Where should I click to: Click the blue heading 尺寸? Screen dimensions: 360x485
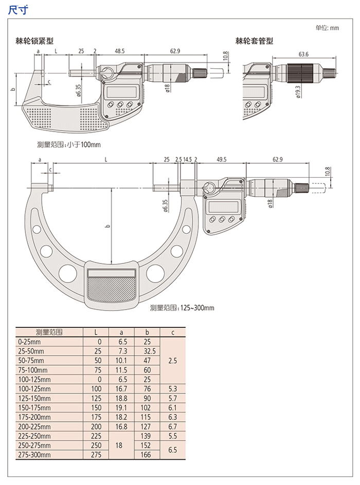[x=17, y=10]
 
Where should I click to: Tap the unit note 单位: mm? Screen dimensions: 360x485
[x=327, y=28]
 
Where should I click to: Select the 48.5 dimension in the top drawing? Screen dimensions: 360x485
[x=119, y=51]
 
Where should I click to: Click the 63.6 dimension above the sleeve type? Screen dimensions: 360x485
[x=303, y=54]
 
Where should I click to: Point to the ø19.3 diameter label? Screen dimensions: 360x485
[x=298, y=92]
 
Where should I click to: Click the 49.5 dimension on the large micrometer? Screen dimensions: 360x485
[x=221, y=159]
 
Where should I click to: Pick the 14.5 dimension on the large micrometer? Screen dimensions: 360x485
[x=187, y=159]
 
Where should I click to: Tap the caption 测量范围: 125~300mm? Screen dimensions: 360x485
[x=182, y=308]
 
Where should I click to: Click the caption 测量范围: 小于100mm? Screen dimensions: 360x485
[x=69, y=144]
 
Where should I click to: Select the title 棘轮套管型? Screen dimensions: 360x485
[x=254, y=41]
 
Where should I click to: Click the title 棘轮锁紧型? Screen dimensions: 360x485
[x=34, y=41]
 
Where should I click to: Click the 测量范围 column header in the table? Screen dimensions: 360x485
[x=49, y=332]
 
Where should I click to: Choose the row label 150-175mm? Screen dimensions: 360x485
[x=34, y=407]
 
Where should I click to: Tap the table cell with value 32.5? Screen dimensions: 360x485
[x=150, y=351]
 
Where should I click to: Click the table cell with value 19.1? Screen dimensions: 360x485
[x=121, y=407]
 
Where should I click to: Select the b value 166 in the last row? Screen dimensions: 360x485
[x=146, y=455]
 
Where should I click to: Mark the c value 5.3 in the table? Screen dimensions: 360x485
[x=172, y=389]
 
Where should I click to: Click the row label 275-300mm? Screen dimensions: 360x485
[x=34, y=455]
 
